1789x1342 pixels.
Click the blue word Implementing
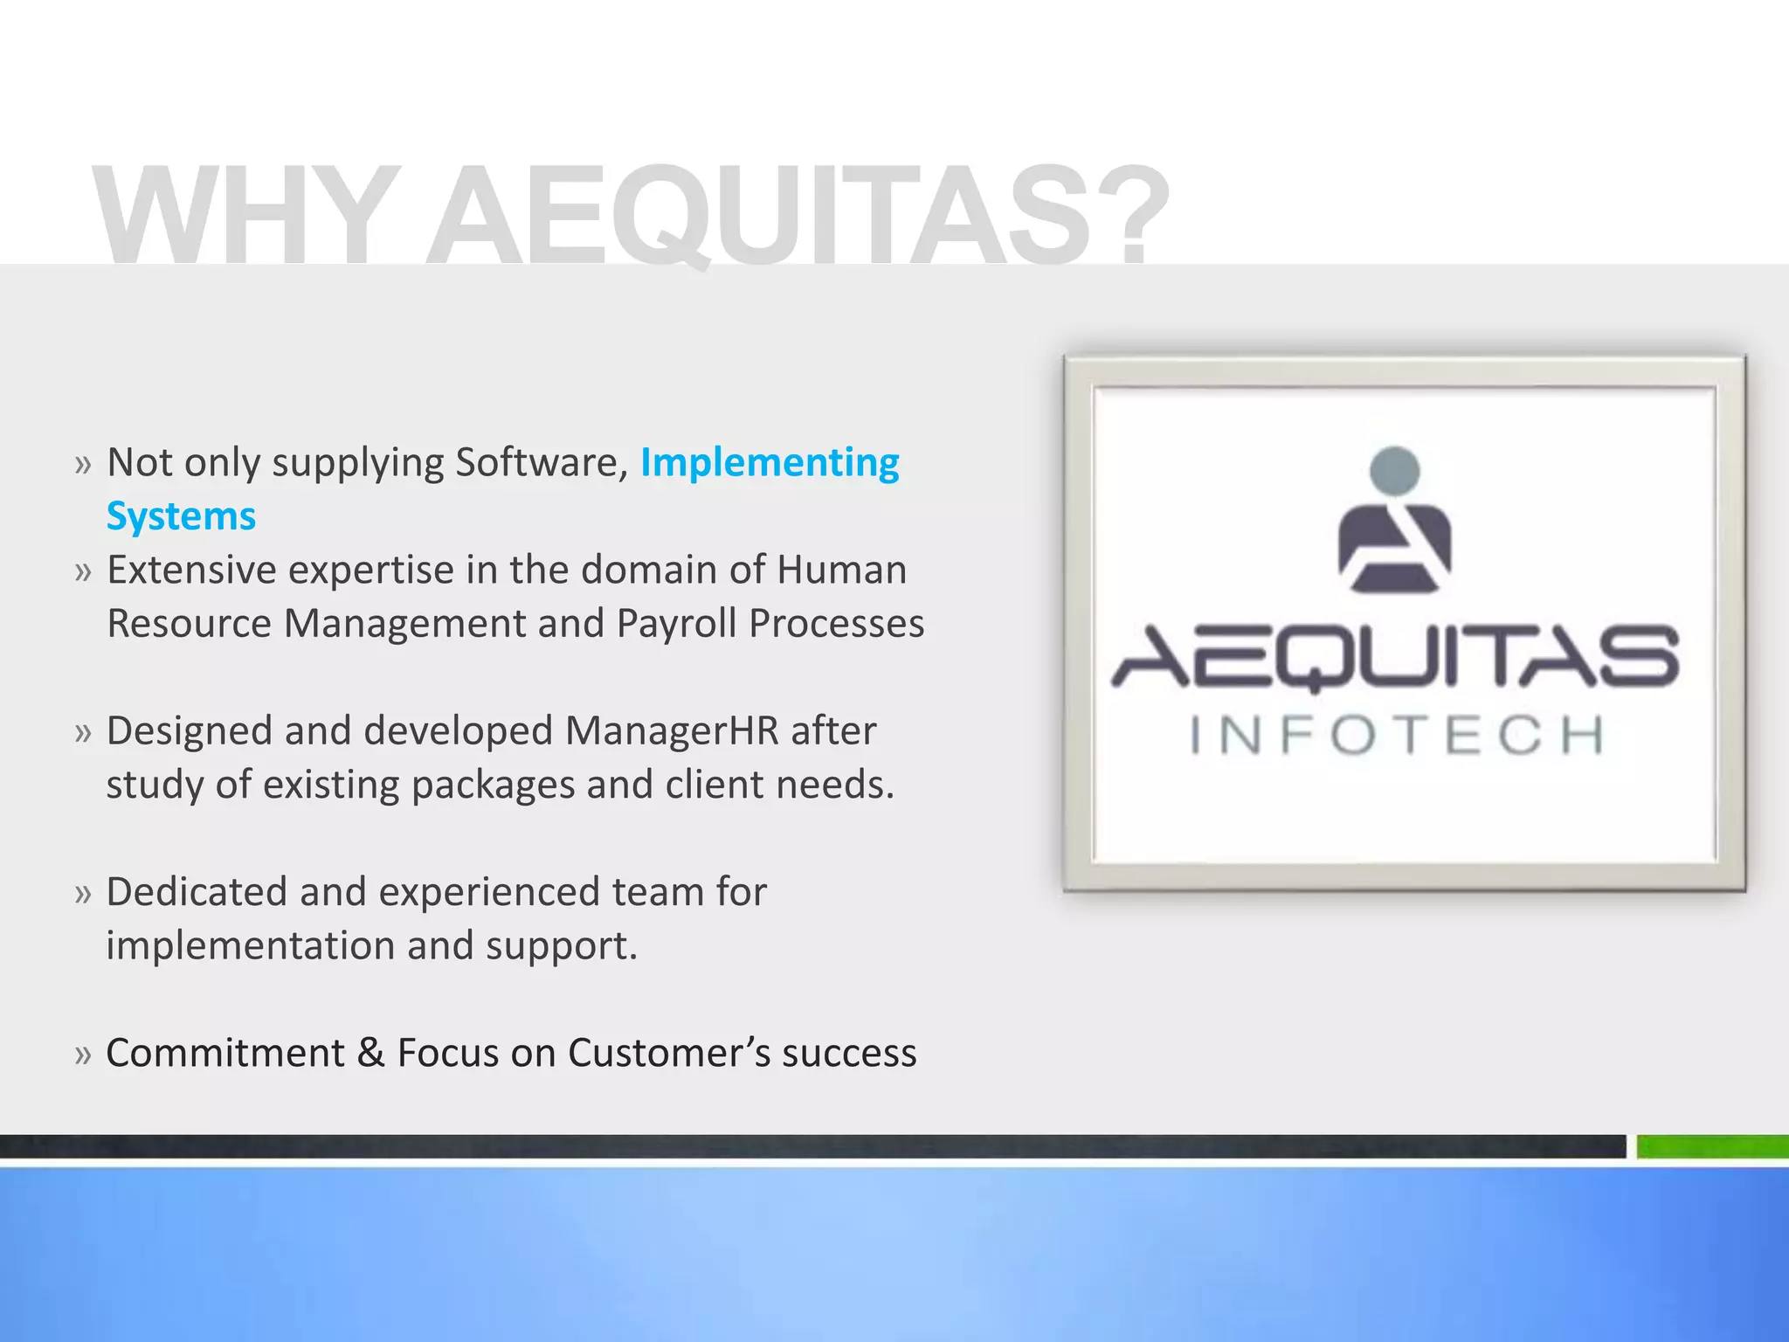[770, 463]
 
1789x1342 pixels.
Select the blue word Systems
[181, 516]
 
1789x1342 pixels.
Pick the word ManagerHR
[672, 731]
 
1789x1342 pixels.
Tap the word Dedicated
[197, 892]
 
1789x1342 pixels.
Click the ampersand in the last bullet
[370, 1053]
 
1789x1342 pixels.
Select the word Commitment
[225, 1053]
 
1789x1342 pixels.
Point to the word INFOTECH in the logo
[1398, 735]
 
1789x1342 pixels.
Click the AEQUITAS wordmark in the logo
[1395, 657]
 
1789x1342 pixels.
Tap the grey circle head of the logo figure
[1395, 470]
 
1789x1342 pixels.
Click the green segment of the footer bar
[1712, 1146]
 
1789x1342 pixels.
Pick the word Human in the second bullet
[841, 571]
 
